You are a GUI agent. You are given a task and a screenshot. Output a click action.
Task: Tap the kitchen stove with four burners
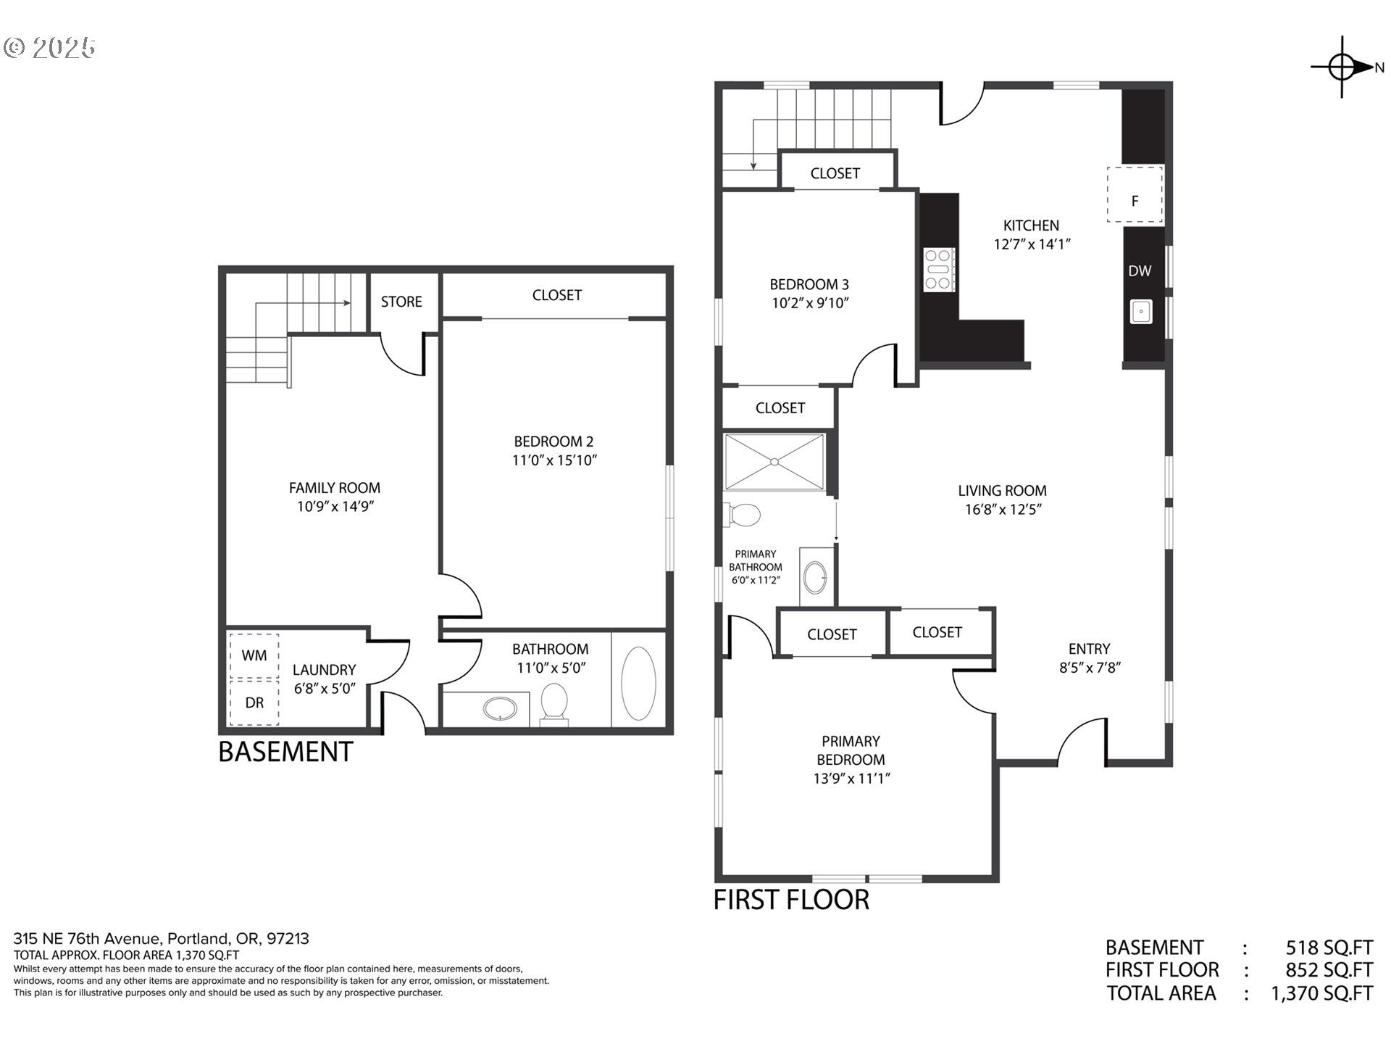click(x=939, y=270)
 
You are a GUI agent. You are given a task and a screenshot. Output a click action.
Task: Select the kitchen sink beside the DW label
click(x=1141, y=312)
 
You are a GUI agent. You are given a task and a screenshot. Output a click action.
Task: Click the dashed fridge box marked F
click(x=1135, y=194)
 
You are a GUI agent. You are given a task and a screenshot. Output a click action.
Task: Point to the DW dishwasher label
click(x=1140, y=271)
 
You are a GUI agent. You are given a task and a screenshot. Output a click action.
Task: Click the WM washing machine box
click(x=254, y=655)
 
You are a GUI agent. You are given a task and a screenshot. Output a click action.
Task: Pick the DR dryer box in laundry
click(x=254, y=703)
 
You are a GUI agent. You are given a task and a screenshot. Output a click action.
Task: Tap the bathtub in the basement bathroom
click(x=638, y=684)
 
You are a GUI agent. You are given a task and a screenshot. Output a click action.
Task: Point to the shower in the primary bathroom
click(x=774, y=462)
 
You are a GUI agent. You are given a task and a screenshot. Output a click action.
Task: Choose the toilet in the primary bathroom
click(x=742, y=515)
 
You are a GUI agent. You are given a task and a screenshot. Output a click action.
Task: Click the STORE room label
click(x=401, y=302)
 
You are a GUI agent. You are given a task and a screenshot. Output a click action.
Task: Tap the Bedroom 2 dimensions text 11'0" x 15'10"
click(x=554, y=460)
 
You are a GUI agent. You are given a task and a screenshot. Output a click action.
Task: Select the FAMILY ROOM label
click(x=335, y=488)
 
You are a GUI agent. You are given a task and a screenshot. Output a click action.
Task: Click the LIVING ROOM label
click(x=1003, y=491)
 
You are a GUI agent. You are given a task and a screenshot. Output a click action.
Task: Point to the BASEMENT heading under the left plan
click(x=285, y=752)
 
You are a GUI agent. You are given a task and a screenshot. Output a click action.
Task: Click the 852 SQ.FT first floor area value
click(x=1329, y=970)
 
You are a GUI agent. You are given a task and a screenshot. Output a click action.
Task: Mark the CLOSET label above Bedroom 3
click(x=835, y=173)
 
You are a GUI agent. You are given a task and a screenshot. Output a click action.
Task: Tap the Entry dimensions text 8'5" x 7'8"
click(x=1090, y=668)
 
